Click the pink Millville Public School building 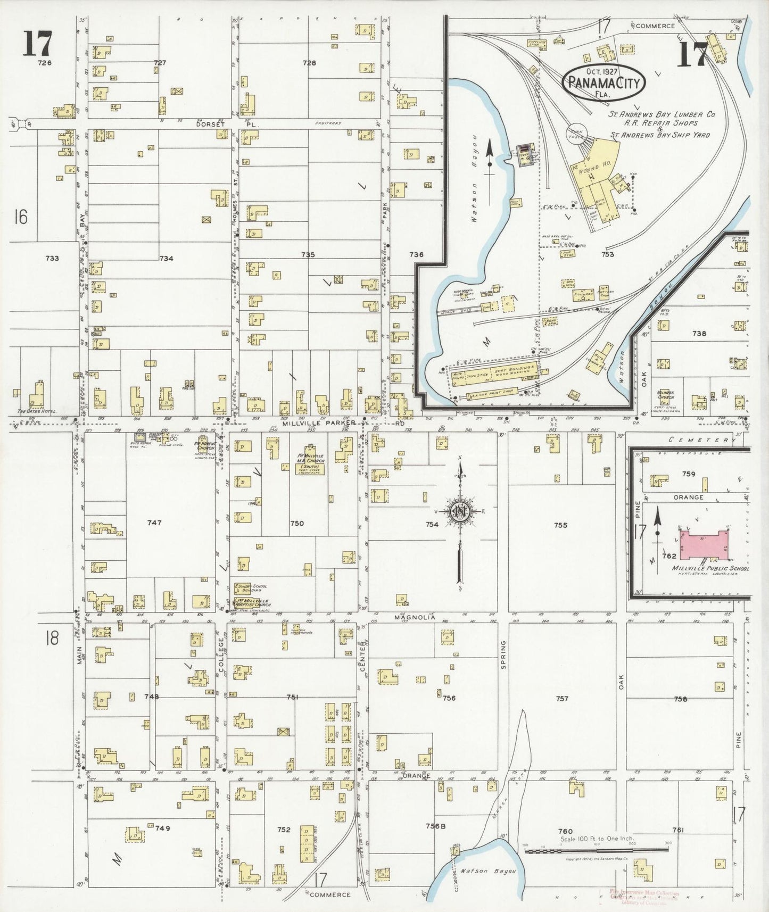point(702,545)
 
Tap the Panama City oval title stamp point(604,83)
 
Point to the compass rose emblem point(459,512)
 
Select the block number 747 point(154,523)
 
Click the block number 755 point(560,525)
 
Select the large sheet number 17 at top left point(37,44)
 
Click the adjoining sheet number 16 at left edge point(21,217)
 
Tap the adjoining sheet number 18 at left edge point(52,638)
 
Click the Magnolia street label point(415,617)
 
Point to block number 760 point(565,831)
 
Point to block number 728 point(309,63)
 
